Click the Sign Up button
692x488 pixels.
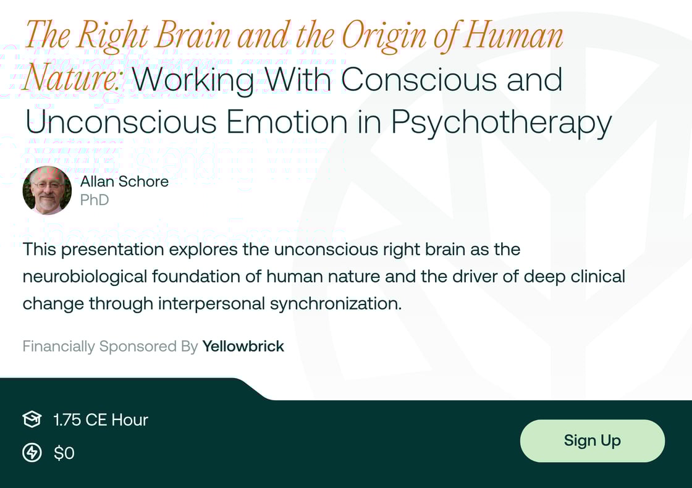point(592,440)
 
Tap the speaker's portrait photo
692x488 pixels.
point(47,190)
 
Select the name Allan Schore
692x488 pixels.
point(124,181)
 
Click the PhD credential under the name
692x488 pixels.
point(95,200)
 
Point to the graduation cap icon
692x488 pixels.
point(32,420)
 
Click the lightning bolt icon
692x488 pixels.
point(32,453)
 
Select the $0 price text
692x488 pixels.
point(64,453)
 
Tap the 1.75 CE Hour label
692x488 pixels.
point(101,420)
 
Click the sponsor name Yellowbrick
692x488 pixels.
point(243,347)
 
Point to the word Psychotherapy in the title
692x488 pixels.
point(501,122)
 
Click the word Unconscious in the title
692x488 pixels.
point(120,122)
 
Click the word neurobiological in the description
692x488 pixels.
point(86,276)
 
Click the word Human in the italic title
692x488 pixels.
point(514,35)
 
